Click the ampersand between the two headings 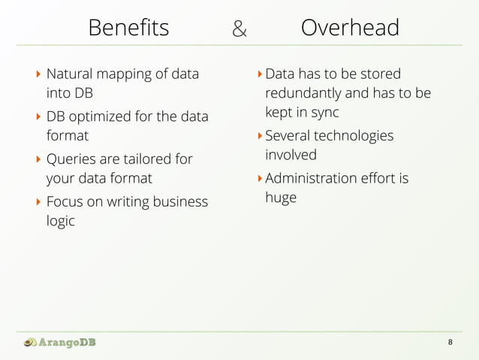pos(239,29)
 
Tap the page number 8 pos(450,343)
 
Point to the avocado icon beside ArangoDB pos(29,343)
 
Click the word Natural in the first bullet pos(70,74)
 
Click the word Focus pos(65,201)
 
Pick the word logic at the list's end pos(61,222)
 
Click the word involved pos(291,155)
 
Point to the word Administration pos(312,178)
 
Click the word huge pos(281,198)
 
